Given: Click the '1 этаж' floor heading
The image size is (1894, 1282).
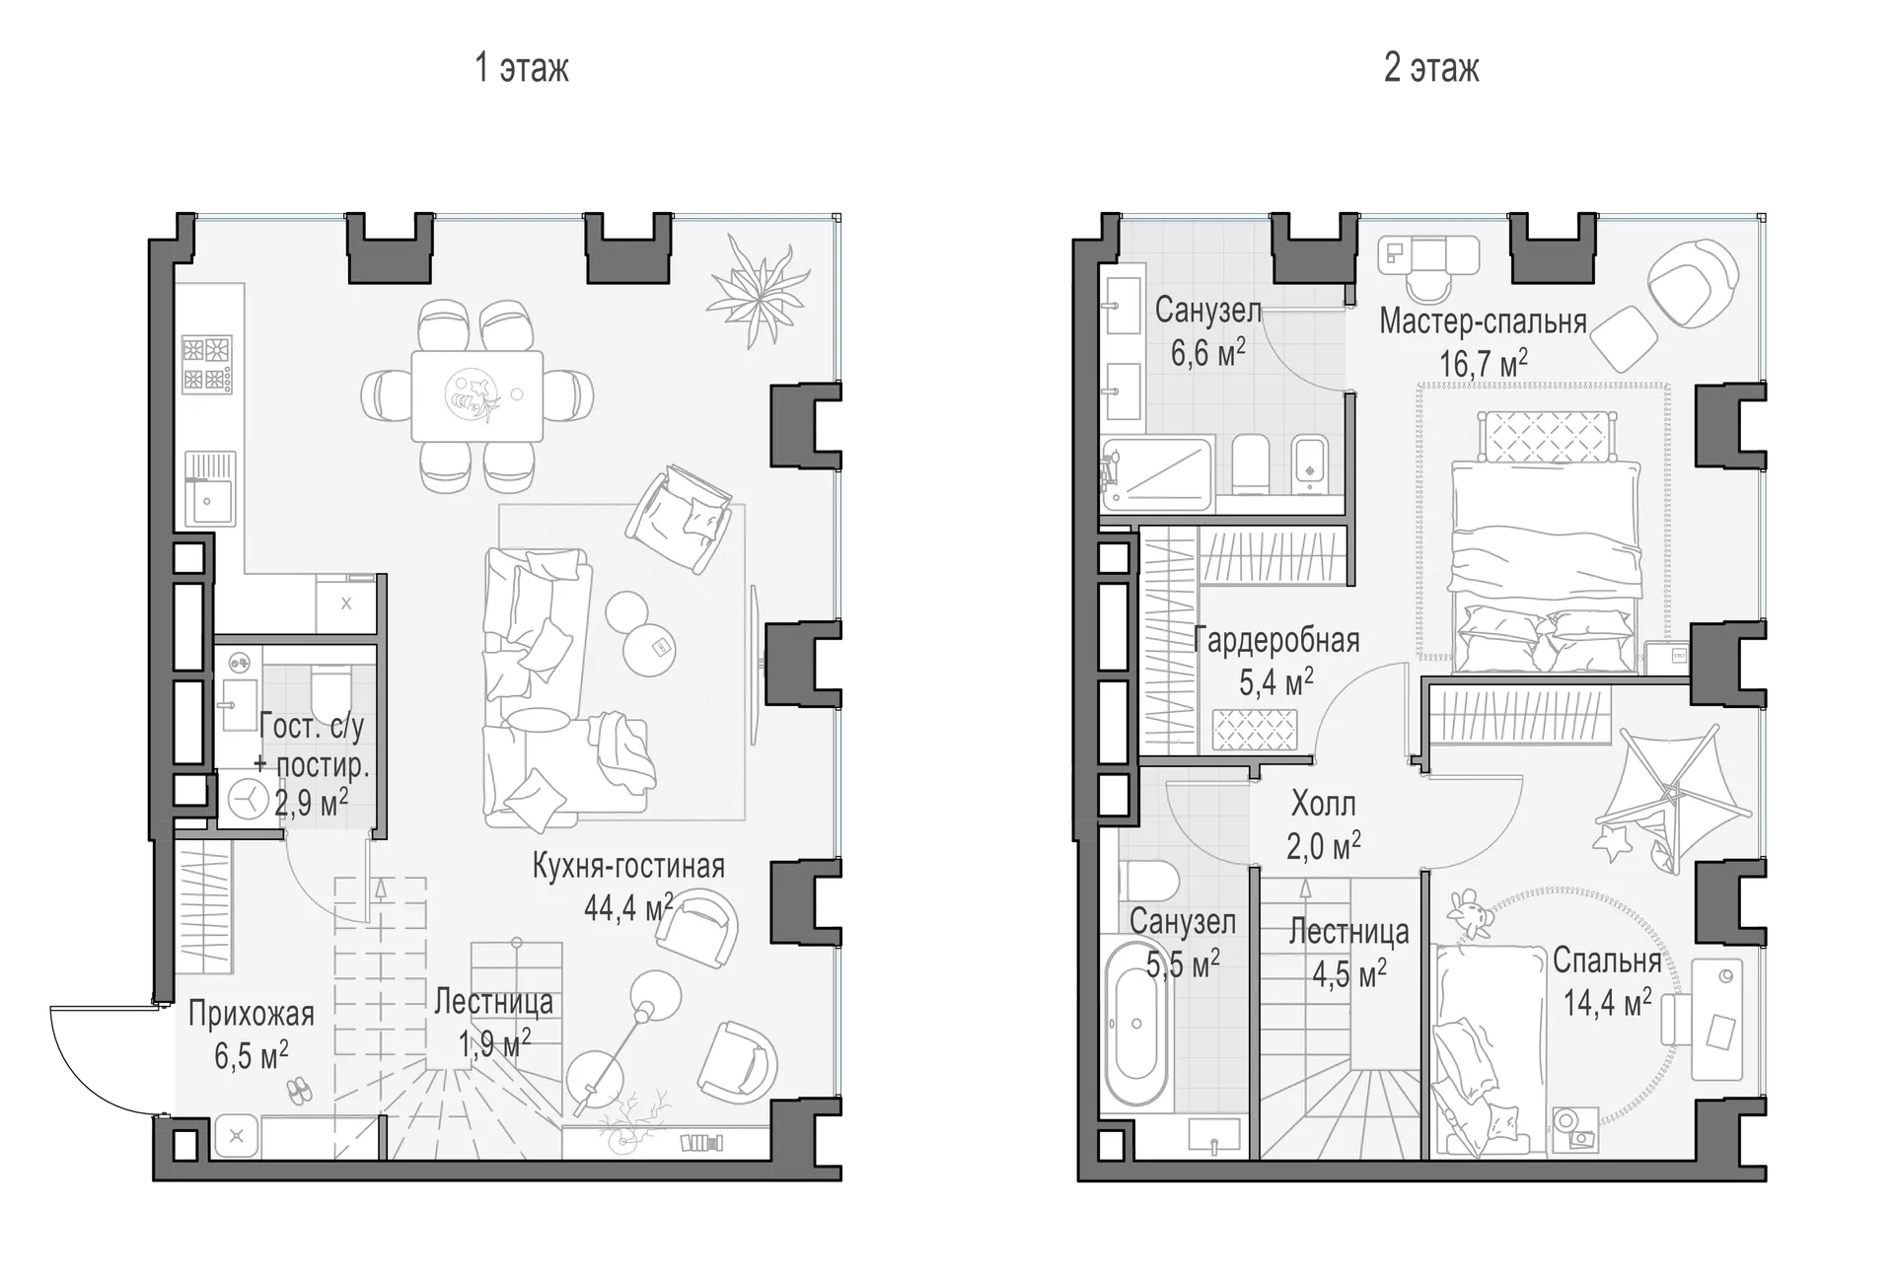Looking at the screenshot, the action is (x=522, y=68).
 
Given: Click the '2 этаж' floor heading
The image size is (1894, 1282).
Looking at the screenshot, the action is (x=1431, y=68).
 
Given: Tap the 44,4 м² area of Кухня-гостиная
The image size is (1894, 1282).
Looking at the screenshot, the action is (x=628, y=906).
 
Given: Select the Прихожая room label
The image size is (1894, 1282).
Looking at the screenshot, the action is (x=251, y=1014).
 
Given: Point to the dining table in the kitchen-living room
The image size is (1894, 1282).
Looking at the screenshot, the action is (x=477, y=395).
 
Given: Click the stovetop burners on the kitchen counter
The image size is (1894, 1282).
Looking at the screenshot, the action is (x=207, y=363).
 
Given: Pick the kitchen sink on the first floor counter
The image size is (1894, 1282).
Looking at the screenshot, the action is (x=209, y=489).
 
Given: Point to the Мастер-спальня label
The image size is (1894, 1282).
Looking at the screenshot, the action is (x=1483, y=321).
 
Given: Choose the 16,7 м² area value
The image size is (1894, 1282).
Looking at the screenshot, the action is (x=1483, y=363).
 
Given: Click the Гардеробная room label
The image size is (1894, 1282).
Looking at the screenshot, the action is (x=1275, y=641).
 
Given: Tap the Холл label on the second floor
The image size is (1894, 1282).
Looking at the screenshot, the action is (x=1323, y=804).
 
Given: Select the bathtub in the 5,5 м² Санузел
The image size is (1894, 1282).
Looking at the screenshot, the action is (x=1136, y=1026).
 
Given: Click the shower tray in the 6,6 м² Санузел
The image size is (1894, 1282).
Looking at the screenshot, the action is (x=1156, y=474).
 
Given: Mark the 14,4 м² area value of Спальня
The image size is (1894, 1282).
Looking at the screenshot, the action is (x=1607, y=1003).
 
